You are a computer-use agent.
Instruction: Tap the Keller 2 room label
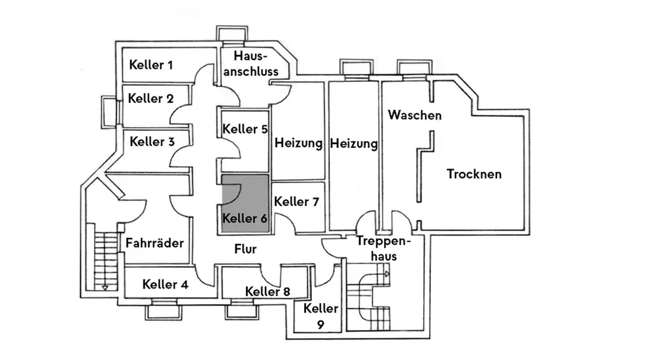coord(151,99)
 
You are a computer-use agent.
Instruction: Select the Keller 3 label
coord(152,141)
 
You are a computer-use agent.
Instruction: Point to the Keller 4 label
coord(165,285)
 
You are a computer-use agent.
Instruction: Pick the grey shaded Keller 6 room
coord(245,203)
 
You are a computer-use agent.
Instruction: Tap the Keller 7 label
coord(297,202)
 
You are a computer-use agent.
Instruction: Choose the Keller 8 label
coord(267,291)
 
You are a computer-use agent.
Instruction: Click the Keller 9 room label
coord(321,316)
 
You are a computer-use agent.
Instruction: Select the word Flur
coord(245,249)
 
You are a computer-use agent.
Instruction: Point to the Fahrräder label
coord(155,242)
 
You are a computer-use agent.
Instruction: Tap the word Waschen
coord(414,115)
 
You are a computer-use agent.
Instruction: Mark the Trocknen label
coord(474,174)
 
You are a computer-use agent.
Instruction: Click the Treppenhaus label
coord(383,248)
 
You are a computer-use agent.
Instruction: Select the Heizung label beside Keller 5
coord(298,143)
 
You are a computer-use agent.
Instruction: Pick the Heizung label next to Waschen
coord(354,143)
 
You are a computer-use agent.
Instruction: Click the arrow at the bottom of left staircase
coord(104,287)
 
